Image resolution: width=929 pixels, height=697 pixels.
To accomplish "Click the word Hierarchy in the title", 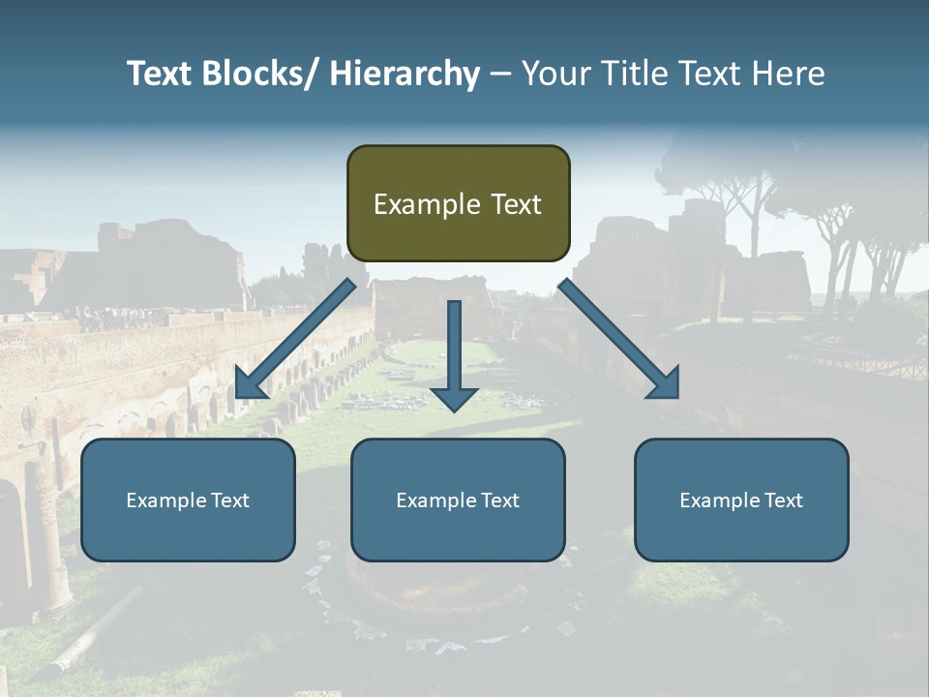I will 405,74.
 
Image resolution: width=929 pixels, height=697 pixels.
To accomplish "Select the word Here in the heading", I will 787,74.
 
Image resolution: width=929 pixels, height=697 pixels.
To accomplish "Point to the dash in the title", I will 500,75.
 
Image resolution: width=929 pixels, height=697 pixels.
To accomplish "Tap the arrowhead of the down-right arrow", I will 666,384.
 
